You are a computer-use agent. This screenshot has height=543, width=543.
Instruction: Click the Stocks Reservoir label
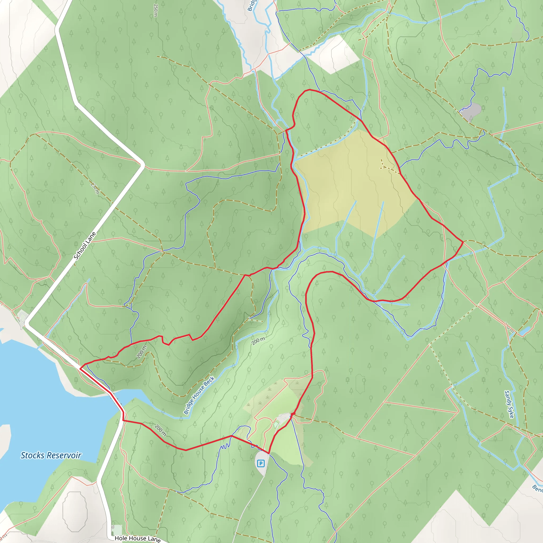pyautogui.click(x=51, y=455)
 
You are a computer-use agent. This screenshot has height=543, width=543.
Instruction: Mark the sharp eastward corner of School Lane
pyautogui.click(x=143, y=164)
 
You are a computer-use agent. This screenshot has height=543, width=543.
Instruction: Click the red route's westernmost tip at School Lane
pyautogui.click(x=80, y=368)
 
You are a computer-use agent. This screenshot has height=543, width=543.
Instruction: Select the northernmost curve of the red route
pyautogui.click(x=309, y=90)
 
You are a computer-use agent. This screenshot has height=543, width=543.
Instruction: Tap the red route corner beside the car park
pyautogui.click(x=269, y=453)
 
